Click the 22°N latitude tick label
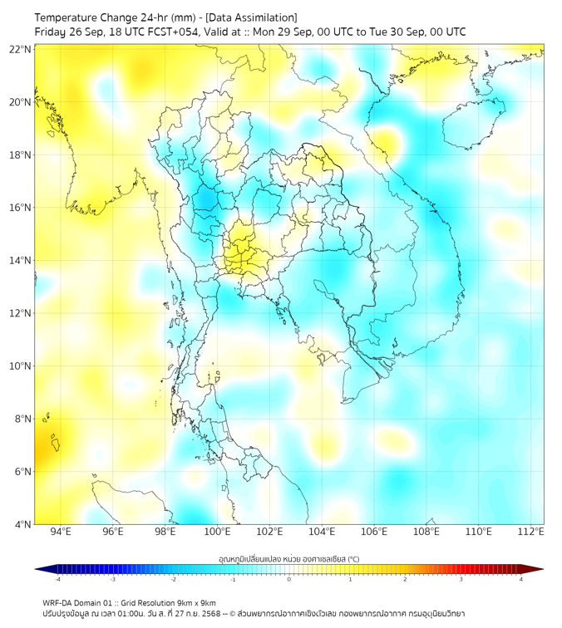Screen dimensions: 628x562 (21, 49)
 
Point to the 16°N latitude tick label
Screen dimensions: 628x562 (21, 208)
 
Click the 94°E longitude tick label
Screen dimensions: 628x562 (61, 532)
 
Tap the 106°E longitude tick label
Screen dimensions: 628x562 (374, 532)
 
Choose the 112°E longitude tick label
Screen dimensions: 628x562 (531, 532)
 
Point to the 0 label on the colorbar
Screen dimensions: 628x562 (289, 580)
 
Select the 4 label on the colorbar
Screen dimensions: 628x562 (520, 580)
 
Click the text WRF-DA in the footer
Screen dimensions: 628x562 (58, 602)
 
